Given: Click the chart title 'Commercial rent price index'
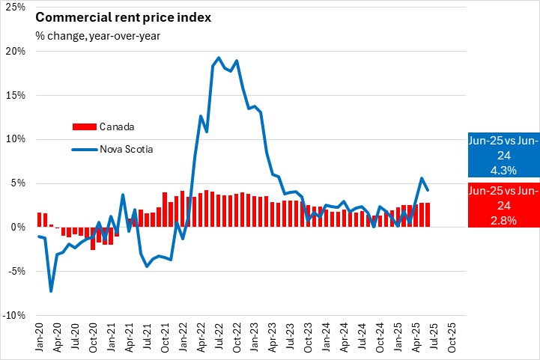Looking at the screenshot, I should (x=112, y=17).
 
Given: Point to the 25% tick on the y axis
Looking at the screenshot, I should (x=15, y=7).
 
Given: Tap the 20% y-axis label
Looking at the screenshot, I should (x=15, y=52).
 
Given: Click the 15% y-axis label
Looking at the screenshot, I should (x=15, y=95).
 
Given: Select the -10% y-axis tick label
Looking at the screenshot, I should (x=13, y=315).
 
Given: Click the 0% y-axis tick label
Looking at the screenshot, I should (x=18, y=227).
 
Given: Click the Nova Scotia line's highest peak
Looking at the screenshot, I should (x=218, y=58).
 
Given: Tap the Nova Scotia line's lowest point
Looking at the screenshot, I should (x=51, y=290).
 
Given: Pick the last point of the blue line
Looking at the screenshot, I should (x=427, y=189).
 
